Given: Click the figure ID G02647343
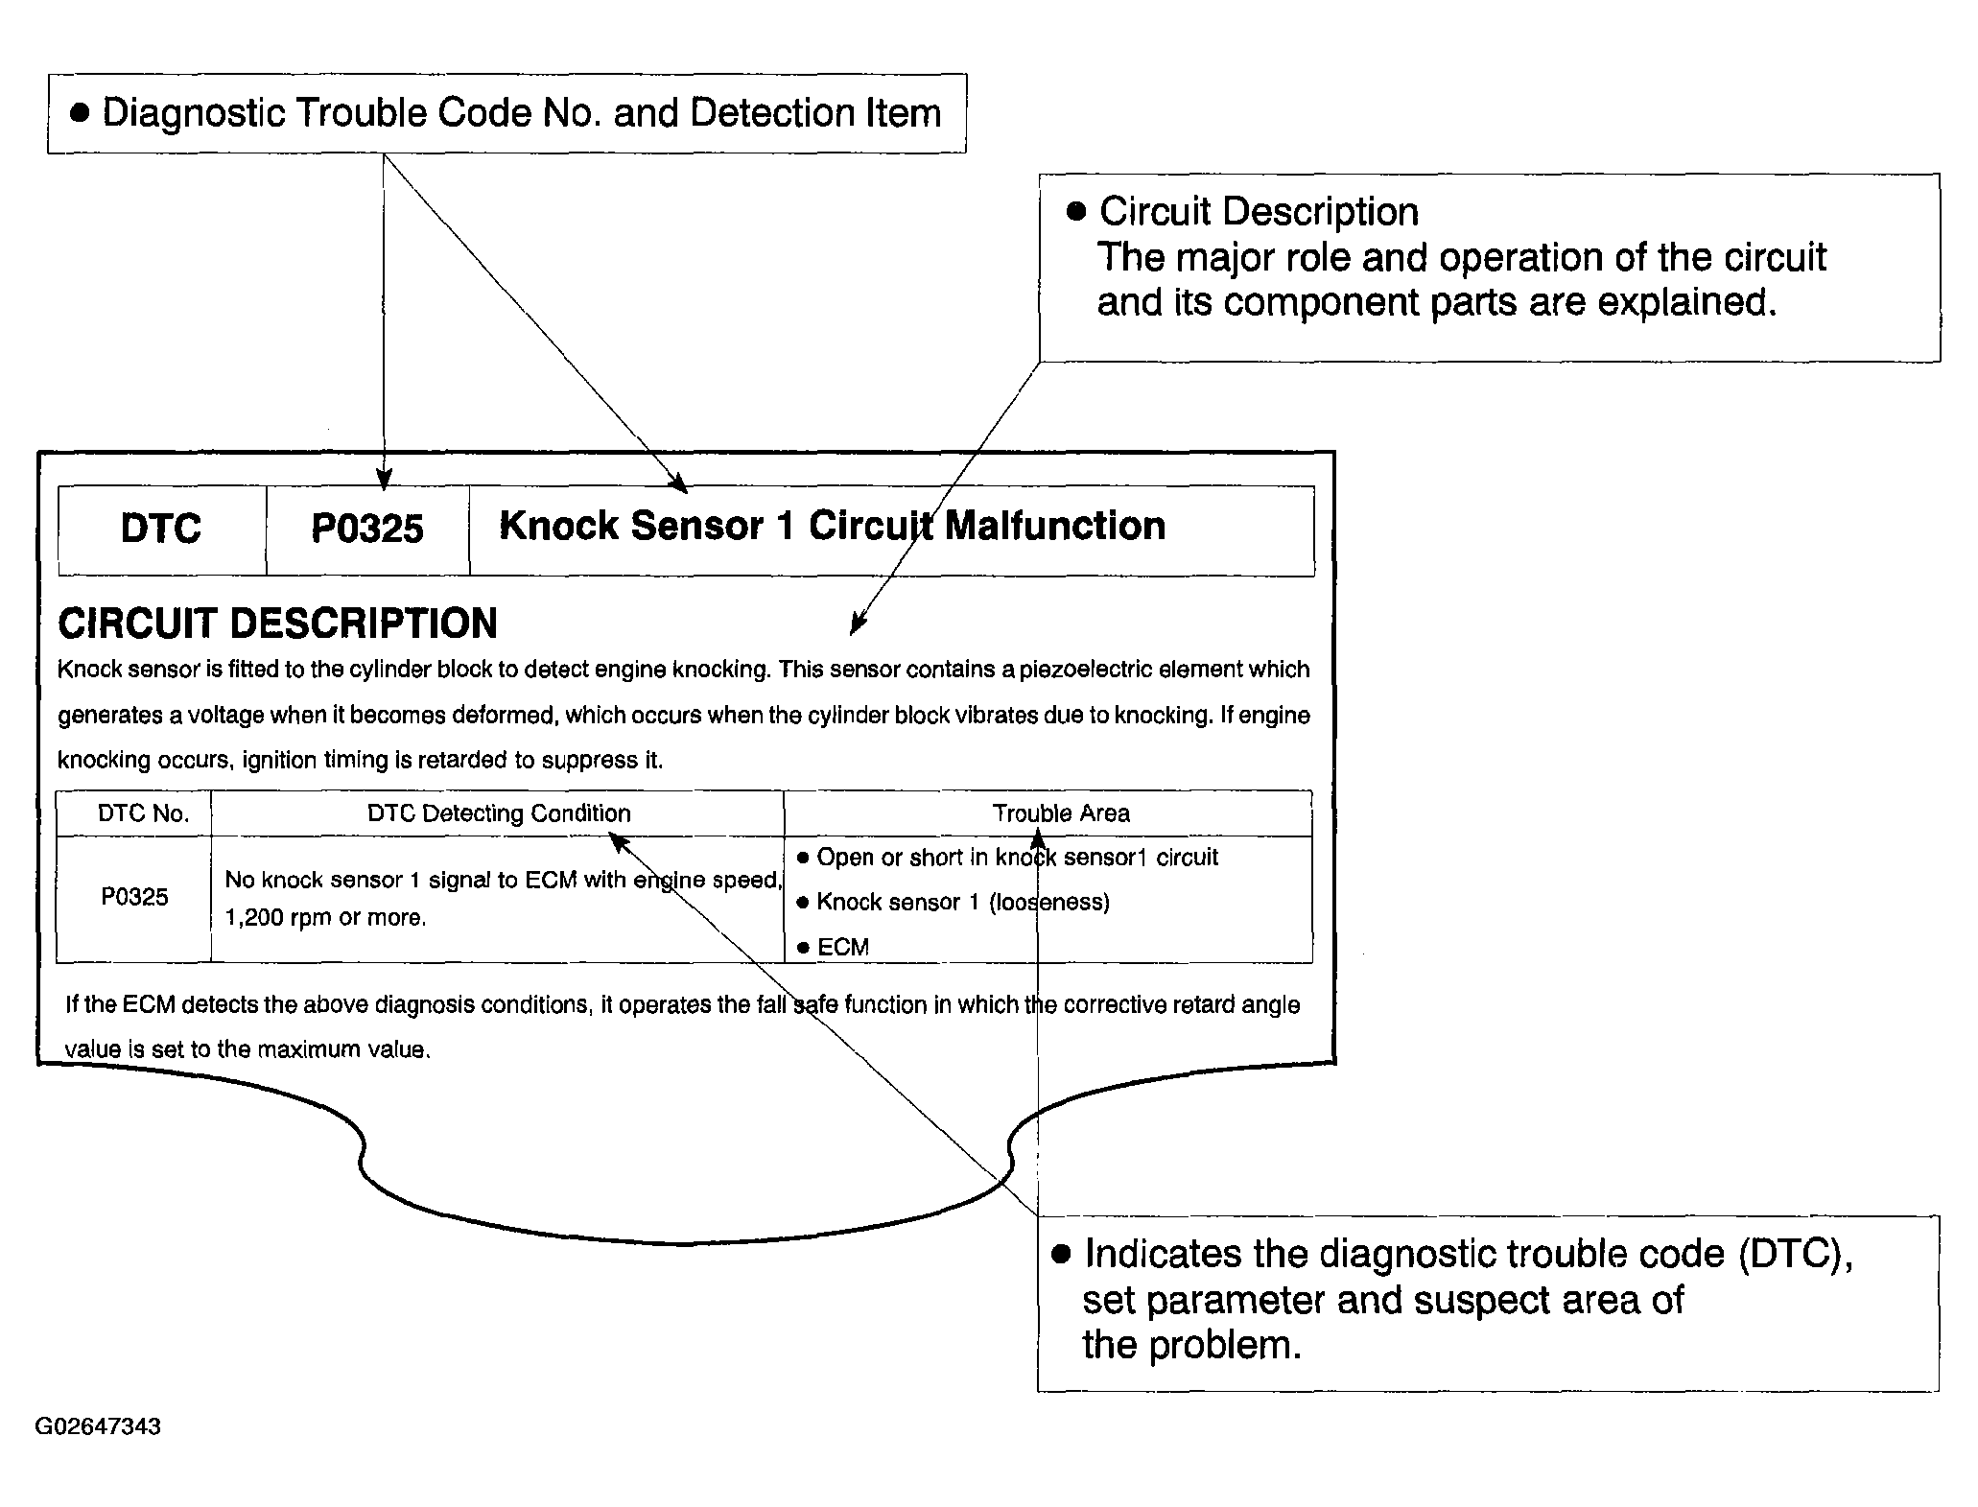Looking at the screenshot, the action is [x=98, y=1426].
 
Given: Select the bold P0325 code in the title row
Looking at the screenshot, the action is [x=367, y=529].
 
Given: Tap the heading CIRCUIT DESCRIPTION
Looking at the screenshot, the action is [x=278, y=624].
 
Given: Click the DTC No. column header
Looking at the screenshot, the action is [x=144, y=813].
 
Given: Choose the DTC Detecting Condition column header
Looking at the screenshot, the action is [x=499, y=813].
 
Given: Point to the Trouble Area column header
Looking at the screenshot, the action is [x=1061, y=813].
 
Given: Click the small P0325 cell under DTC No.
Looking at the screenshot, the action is [x=134, y=897].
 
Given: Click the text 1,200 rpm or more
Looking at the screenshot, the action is [x=325, y=918].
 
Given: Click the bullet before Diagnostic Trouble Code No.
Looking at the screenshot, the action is [x=81, y=113].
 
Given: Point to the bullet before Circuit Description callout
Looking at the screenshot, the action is [x=1076, y=212].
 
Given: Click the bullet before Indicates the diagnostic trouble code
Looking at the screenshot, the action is [x=1061, y=1255].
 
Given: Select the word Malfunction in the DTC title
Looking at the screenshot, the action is [x=1055, y=526].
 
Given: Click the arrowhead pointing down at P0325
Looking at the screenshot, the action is [x=384, y=480].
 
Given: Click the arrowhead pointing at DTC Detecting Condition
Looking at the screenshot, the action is [x=620, y=841].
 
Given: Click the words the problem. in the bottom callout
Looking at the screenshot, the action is [x=1192, y=1345].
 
